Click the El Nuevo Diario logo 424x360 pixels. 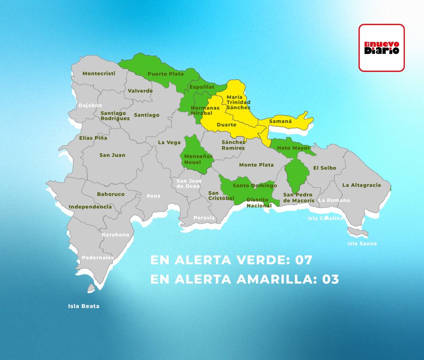382,47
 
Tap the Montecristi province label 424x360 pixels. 99,73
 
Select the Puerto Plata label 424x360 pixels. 166,74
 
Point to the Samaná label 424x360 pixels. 281,121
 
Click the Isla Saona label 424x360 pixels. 362,244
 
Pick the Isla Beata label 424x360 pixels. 84,306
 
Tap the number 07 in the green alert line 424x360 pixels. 304,260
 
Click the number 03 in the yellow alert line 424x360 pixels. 331,280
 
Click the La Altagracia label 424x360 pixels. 362,185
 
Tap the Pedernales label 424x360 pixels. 98,257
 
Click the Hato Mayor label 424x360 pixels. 293,148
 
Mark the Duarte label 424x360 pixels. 226,125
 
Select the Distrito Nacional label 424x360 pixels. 259,203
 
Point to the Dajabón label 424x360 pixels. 90,105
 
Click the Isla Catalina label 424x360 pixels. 325,218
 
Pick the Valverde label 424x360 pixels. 140,91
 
